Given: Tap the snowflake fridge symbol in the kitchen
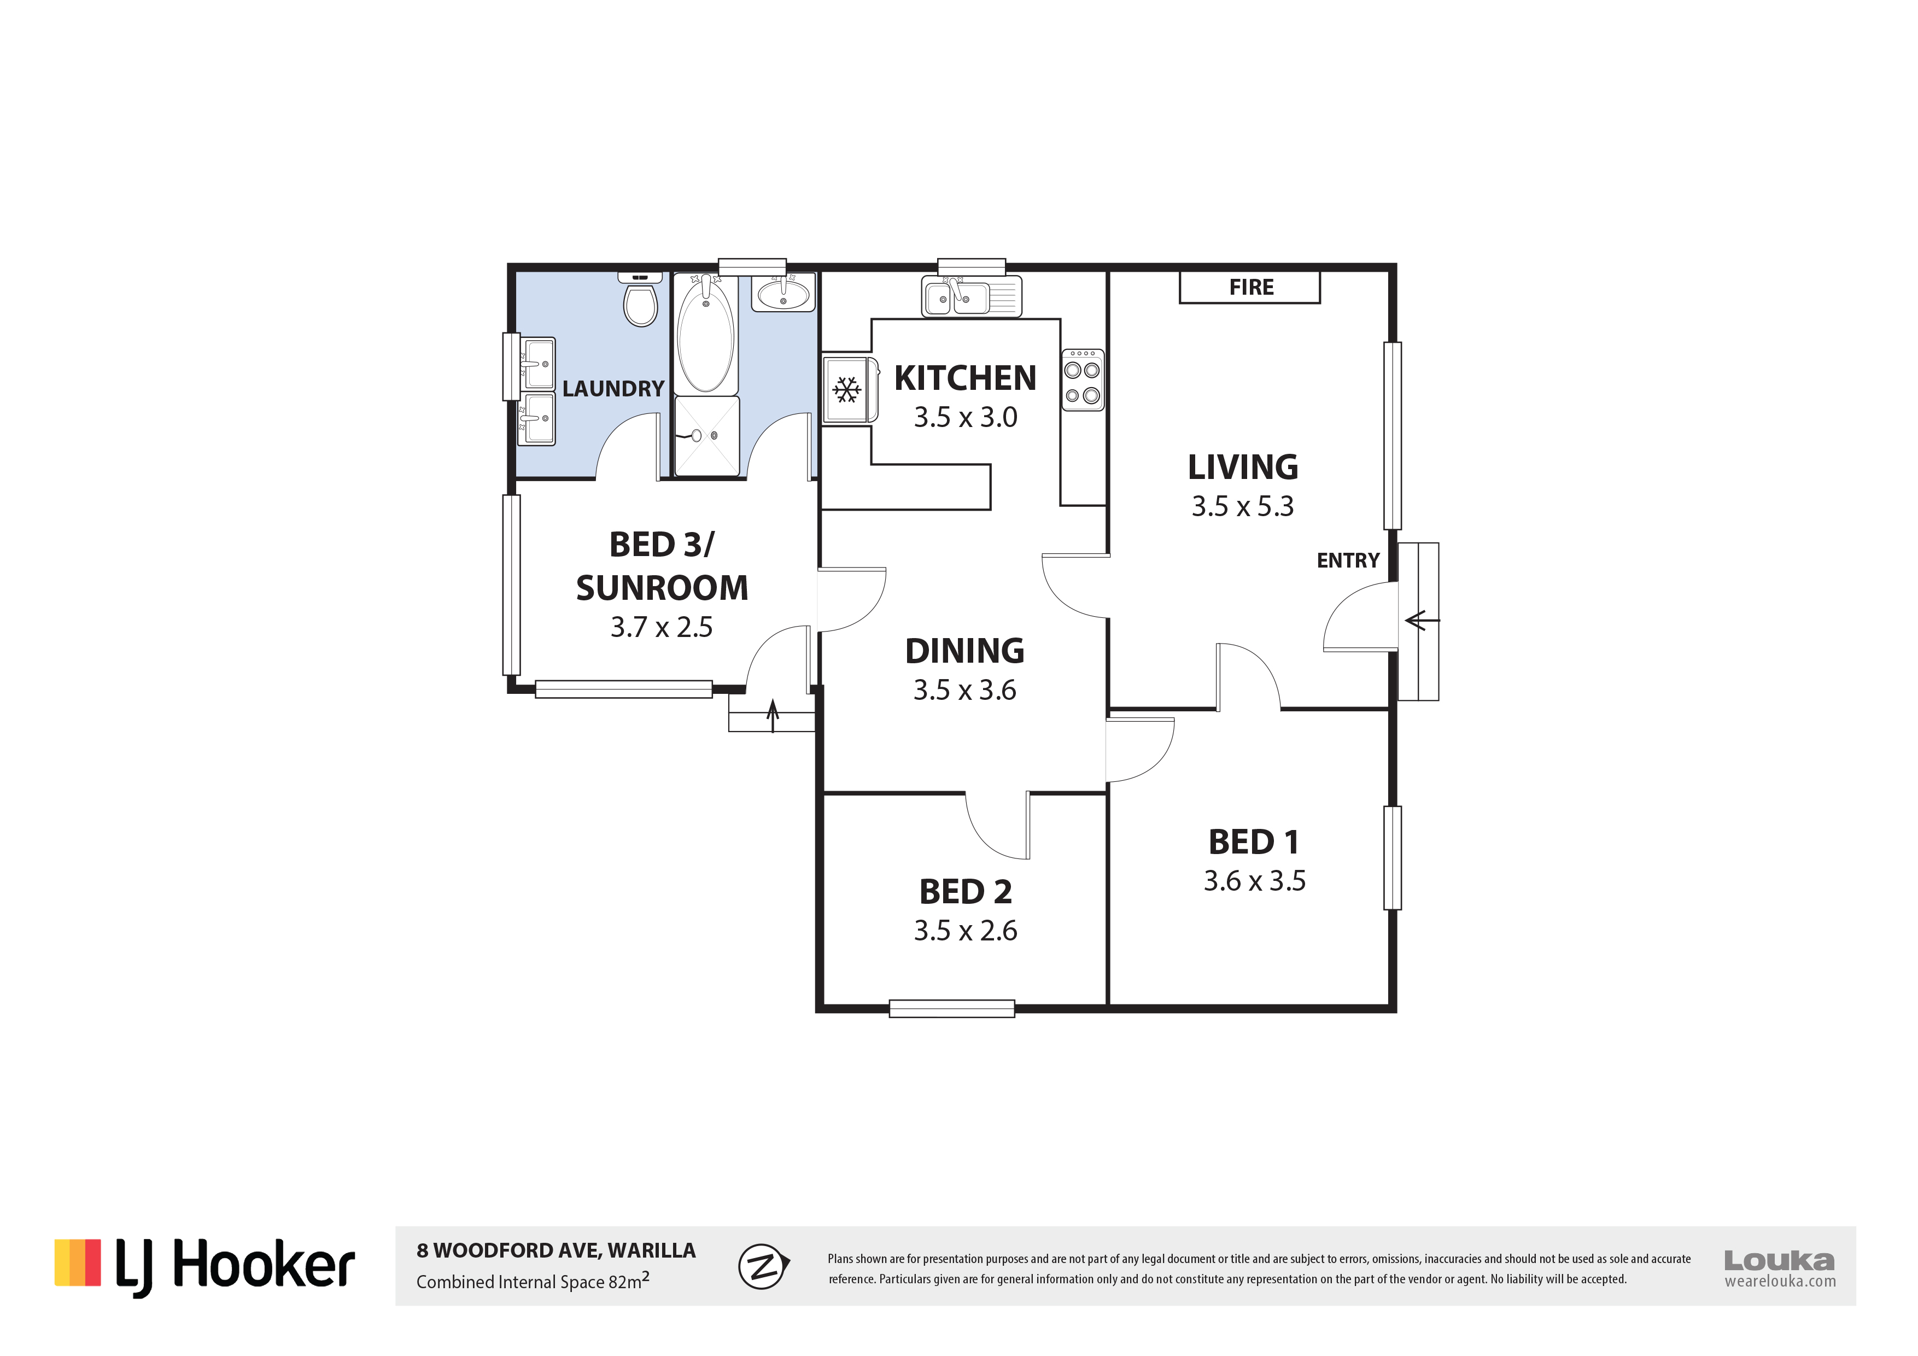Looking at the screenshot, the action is click(847, 389).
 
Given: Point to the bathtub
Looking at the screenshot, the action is click(706, 334).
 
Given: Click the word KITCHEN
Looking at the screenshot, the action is click(965, 378).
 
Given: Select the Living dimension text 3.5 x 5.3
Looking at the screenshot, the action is click(1242, 506).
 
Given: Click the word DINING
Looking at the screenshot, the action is click(965, 651).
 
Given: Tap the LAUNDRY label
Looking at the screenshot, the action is click(613, 389).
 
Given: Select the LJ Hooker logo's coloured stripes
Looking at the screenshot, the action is click(78, 1263).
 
